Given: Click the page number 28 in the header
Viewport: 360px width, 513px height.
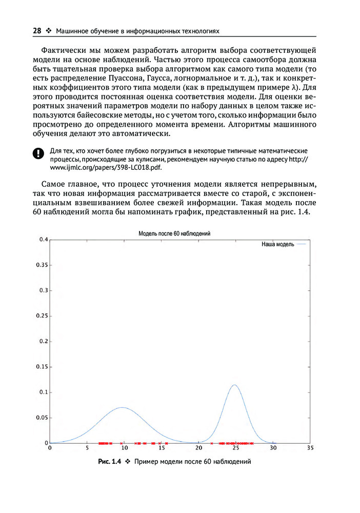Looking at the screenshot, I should click(x=37, y=31).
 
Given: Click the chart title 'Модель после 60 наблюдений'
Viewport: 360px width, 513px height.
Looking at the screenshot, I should click(x=175, y=233).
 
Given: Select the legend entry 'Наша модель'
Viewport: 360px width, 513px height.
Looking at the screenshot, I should click(x=278, y=245).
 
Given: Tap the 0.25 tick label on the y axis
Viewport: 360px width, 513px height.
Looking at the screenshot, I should click(x=41, y=316).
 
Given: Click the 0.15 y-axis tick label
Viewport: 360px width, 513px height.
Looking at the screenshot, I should click(x=41, y=367).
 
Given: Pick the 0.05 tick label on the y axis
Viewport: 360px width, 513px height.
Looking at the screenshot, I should click(x=41, y=418).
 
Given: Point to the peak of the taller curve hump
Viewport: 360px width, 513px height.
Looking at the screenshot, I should click(x=234, y=385).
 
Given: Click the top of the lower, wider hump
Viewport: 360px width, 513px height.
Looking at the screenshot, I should click(x=122, y=407).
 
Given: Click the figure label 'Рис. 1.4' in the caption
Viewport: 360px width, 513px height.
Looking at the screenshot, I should click(x=109, y=462).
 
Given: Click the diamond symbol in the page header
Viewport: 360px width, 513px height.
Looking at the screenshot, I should click(x=49, y=31).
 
